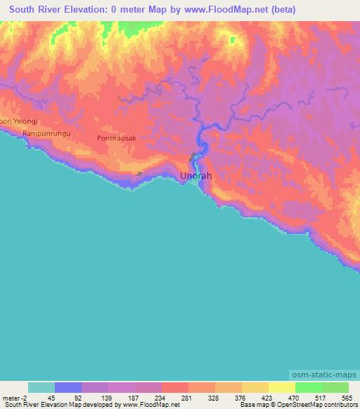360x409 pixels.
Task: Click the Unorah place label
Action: (196, 176)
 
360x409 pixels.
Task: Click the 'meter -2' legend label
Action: (15, 398)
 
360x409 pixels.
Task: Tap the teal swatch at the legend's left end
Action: (41, 387)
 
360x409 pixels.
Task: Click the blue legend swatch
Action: (68, 387)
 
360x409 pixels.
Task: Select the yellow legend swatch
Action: (281, 387)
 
